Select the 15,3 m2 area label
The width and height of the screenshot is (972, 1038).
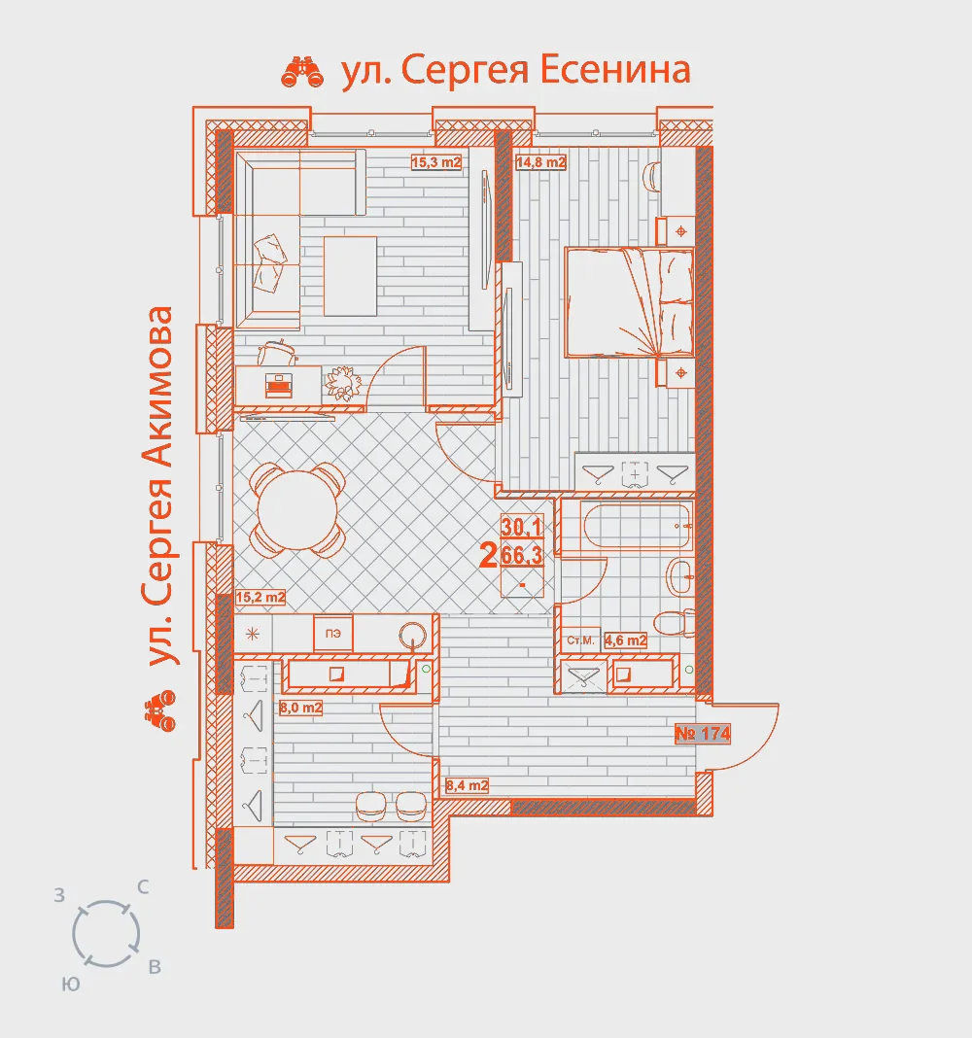coord(435,162)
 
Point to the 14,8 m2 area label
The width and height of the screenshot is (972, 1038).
coord(541,162)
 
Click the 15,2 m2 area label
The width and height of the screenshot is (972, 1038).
coord(260,597)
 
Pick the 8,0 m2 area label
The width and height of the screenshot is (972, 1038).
coord(300,708)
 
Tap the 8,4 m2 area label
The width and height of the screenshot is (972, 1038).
coord(467,785)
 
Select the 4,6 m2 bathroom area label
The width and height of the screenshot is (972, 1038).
coord(625,640)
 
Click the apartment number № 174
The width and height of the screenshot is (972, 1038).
coord(703,734)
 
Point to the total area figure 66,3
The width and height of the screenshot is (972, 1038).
coord(522,555)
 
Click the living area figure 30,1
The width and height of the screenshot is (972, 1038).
coord(522,527)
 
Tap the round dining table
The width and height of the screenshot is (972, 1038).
coord(298,509)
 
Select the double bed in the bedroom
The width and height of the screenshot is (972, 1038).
coord(629,302)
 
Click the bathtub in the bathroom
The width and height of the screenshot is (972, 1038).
coord(637,526)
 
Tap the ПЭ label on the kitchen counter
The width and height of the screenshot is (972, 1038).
coord(333,634)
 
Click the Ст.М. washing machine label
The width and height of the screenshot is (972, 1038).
coord(580,640)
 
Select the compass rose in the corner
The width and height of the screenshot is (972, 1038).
coord(106,934)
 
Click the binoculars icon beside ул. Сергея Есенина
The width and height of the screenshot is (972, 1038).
coord(302,72)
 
